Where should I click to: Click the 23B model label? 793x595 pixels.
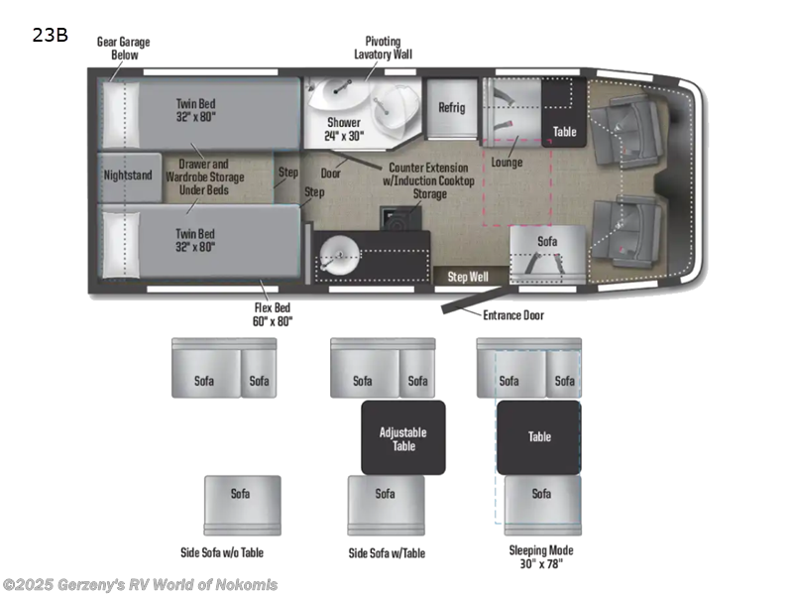click(x=51, y=35)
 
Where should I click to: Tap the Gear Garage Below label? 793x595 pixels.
click(x=117, y=48)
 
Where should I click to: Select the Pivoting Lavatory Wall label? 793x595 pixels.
click(x=383, y=48)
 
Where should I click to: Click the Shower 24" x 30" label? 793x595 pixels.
click(x=345, y=129)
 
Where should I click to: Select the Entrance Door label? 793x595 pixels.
click(x=512, y=315)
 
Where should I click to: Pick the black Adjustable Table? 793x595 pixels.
click(x=402, y=437)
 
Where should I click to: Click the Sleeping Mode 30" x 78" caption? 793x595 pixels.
click(x=540, y=556)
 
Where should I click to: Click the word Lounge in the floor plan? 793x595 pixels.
click(x=507, y=162)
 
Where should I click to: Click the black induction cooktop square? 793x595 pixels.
click(x=395, y=218)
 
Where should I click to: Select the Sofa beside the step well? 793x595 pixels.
click(x=547, y=242)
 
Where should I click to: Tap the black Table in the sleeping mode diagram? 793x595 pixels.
click(x=538, y=437)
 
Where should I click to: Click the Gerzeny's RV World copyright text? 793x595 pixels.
click(x=140, y=585)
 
